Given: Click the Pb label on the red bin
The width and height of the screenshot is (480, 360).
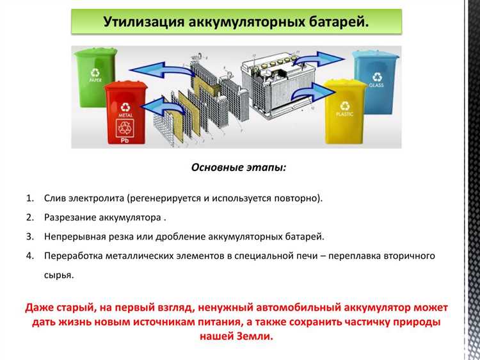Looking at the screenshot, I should tap(124, 138).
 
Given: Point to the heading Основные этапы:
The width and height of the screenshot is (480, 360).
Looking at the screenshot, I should tap(239, 167).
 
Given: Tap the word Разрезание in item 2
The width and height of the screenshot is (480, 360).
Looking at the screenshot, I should tap(70, 217).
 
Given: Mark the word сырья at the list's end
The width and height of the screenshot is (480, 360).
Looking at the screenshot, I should tap(58, 275).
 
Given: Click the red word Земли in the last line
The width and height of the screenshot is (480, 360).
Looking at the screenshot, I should tap(253, 336).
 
